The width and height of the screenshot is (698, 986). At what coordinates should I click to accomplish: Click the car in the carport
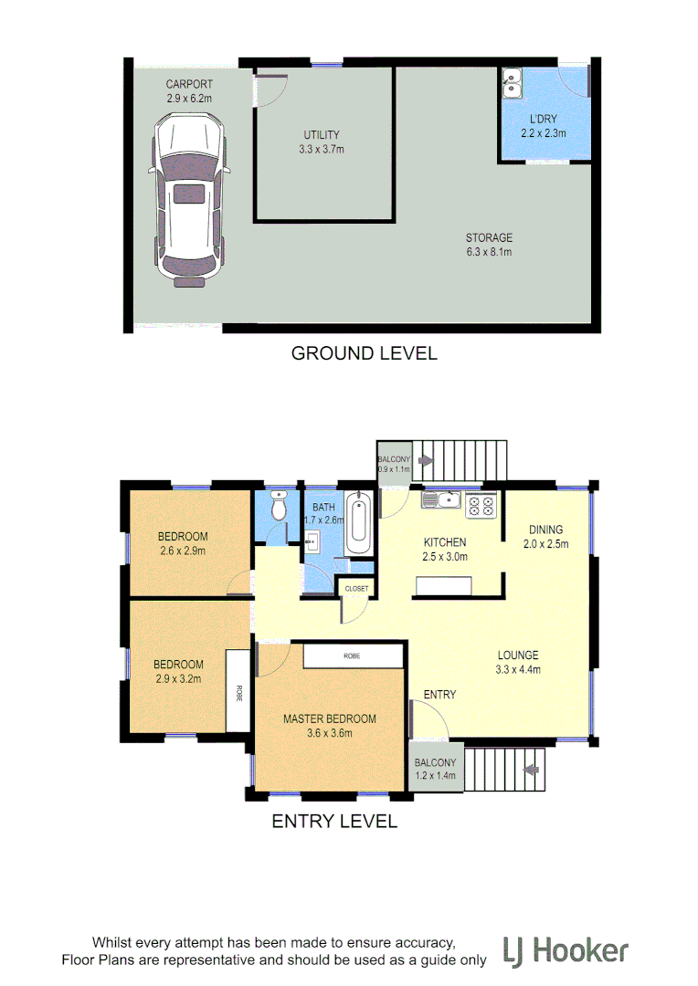[190, 195]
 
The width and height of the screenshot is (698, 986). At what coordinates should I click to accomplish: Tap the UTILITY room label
[321, 134]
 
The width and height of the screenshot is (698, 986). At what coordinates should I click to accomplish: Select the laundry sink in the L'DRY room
[511, 85]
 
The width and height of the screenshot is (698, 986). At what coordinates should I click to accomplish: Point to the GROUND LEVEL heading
[364, 353]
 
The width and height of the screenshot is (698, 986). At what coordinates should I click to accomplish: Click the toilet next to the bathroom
[280, 506]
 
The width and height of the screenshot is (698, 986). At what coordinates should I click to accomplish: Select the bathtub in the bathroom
[358, 524]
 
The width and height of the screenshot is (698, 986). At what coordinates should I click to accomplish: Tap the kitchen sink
[443, 499]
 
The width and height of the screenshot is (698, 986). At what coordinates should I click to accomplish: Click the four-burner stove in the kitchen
[481, 505]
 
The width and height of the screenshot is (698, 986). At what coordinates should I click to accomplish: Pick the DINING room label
[545, 530]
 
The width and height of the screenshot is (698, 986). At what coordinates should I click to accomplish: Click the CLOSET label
[356, 589]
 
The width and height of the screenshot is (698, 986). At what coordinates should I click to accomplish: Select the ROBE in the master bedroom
[353, 656]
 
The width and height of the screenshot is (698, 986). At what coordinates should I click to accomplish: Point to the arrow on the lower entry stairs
[528, 770]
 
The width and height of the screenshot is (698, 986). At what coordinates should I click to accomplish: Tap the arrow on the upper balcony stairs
[423, 460]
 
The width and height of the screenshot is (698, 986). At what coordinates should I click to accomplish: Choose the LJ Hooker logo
[566, 951]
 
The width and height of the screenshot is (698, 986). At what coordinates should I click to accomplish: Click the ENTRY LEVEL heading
[334, 822]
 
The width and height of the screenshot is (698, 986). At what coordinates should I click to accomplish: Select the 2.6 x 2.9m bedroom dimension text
[183, 551]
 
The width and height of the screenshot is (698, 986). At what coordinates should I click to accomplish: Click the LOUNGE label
[518, 655]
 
